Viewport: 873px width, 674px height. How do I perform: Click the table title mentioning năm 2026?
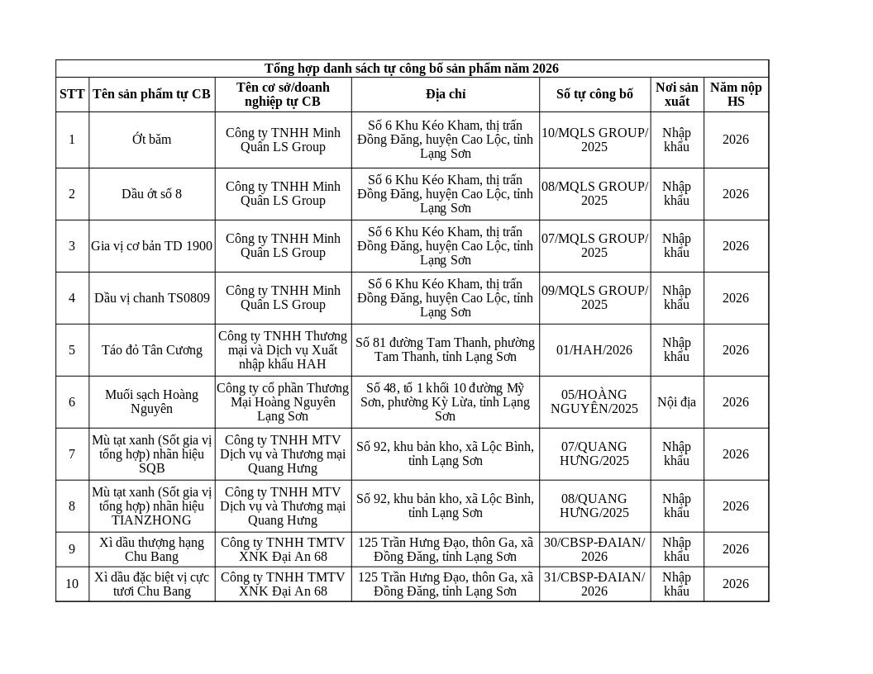click(411, 69)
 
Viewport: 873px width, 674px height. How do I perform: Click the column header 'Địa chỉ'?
click(445, 94)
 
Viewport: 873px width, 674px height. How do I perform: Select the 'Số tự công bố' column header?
click(594, 94)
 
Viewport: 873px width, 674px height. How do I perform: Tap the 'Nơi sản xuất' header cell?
click(676, 94)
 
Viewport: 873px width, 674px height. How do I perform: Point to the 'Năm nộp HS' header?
click(735, 94)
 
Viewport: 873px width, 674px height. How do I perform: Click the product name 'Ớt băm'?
click(151, 140)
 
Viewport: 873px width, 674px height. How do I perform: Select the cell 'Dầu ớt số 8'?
click(151, 194)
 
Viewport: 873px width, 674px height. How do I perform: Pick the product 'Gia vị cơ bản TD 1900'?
click(151, 246)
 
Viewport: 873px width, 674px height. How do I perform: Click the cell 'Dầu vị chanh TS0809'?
click(151, 298)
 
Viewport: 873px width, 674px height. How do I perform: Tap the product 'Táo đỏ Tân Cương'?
click(151, 350)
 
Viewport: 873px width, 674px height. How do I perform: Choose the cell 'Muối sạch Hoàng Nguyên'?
click(151, 401)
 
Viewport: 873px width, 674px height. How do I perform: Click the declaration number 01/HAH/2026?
click(594, 350)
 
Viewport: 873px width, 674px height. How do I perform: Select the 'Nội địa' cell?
click(676, 402)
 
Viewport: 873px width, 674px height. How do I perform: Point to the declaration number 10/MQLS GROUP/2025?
click(594, 140)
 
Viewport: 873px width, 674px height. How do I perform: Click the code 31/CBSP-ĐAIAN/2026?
click(594, 584)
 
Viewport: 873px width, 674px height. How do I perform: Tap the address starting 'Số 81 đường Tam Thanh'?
click(445, 349)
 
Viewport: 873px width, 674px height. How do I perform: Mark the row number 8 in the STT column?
click(72, 506)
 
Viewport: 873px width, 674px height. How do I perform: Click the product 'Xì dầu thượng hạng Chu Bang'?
click(151, 549)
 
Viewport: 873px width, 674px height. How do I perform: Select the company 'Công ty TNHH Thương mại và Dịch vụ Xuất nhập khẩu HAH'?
click(283, 350)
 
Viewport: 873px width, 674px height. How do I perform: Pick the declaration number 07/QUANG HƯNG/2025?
click(594, 453)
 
